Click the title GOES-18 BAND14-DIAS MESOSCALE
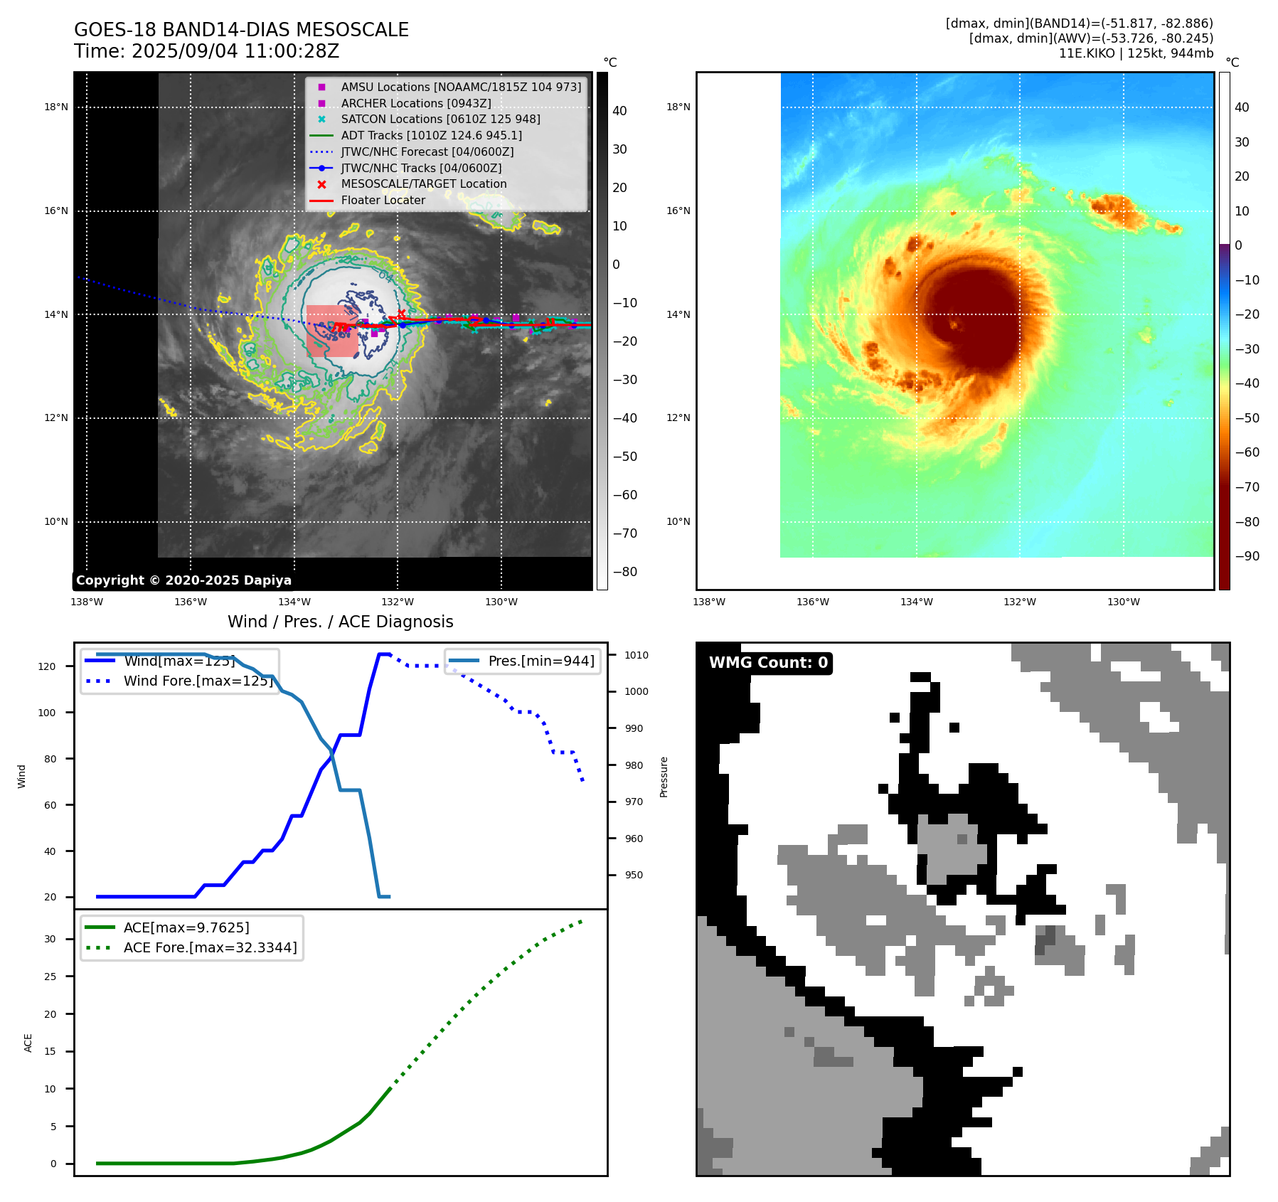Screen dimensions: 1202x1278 point(241,30)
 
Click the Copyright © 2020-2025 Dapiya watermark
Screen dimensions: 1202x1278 point(183,580)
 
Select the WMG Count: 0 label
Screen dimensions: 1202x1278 point(768,663)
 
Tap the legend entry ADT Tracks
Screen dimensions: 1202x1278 point(431,135)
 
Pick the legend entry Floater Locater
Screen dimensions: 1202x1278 point(383,201)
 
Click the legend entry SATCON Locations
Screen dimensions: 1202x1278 point(440,119)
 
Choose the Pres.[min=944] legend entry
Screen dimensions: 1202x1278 point(541,661)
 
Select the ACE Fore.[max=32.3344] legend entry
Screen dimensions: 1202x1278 point(210,947)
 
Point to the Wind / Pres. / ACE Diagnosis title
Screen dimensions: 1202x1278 point(340,622)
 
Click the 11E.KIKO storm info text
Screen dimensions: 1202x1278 point(1136,53)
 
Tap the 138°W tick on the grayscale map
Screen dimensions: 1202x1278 point(87,602)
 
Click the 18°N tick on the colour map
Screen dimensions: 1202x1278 point(678,107)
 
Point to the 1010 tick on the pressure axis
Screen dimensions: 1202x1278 point(637,655)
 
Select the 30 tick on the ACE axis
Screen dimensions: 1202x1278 point(50,939)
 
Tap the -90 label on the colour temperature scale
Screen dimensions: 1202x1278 point(1247,556)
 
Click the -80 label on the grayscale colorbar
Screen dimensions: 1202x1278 point(625,572)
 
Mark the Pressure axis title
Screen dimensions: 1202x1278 point(664,777)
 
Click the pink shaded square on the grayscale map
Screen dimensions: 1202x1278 point(332,331)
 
